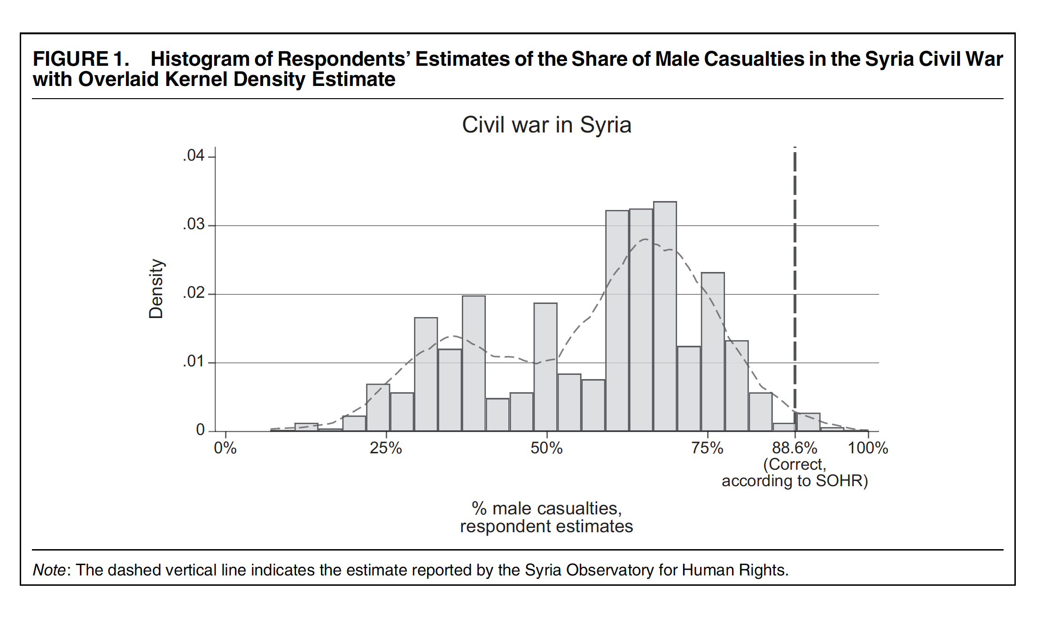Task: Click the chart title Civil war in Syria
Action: tap(546, 125)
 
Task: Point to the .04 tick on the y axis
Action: tap(194, 155)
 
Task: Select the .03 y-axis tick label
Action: tap(194, 224)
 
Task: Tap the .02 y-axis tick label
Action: tap(194, 293)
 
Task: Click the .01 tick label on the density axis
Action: tap(194, 361)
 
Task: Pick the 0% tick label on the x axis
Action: tap(225, 448)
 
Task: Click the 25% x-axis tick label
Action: tap(386, 448)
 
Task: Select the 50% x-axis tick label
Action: tap(546, 448)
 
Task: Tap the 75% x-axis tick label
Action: tap(707, 448)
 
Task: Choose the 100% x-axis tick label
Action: tap(868, 448)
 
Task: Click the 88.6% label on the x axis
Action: tap(795, 448)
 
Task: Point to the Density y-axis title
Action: tap(156, 289)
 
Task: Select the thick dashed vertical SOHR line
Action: tap(795, 282)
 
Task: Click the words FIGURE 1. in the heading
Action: tap(81, 59)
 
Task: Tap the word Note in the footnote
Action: tap(49, 570)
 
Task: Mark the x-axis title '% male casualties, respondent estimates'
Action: tap(546, 517)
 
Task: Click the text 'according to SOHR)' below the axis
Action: tap(795, 481)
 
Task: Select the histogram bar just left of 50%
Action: tap(522, 411)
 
